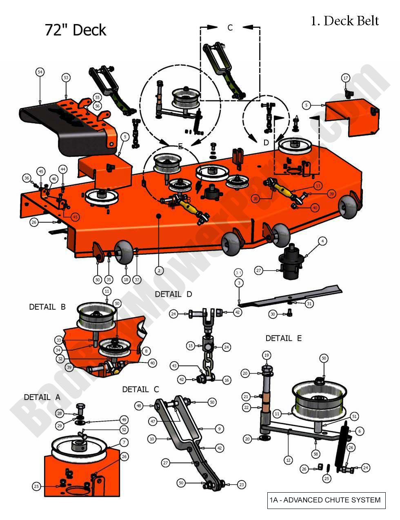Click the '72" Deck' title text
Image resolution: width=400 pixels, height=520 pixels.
point(76,30)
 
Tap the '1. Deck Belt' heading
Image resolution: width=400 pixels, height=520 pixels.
point(345,20)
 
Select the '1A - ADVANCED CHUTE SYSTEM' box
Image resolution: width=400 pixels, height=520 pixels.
point(326,500)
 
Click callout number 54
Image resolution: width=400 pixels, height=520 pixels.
point(40,72)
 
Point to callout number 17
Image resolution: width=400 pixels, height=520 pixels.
point(345,78)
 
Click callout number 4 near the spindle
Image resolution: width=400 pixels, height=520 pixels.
point(322,242)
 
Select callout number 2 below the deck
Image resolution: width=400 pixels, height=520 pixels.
point(159,270)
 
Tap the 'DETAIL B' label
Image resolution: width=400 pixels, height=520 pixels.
point(47,307)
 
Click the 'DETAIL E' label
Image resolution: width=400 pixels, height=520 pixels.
point(283,338)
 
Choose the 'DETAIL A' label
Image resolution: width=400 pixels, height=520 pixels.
point(42,397)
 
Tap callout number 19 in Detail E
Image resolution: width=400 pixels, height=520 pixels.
point(267,356)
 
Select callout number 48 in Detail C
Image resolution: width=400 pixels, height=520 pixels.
point(139,406)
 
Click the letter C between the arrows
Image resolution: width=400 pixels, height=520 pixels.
point(230,27)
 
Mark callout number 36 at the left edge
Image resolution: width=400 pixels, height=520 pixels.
point(27,178)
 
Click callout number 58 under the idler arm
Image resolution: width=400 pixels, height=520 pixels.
point(316,453)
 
